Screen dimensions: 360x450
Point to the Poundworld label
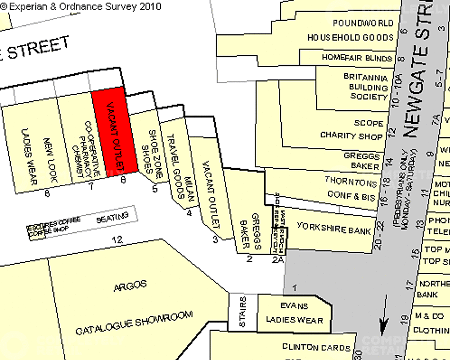click(x=363, y=23)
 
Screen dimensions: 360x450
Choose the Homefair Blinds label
click(x=357, y=58)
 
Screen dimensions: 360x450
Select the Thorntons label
click(x=350, y=183)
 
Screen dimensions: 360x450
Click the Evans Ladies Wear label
click(x=294, y=313)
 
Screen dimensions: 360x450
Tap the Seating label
click(x=108, y=218)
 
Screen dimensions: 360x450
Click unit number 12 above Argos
click(x=117, y=240)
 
